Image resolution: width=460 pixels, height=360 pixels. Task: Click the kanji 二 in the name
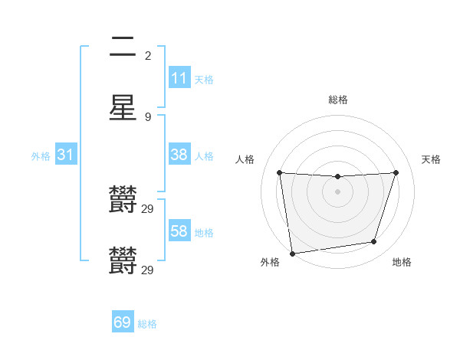pyautogui.click(x=123, y=47)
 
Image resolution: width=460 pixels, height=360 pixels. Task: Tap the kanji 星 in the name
pyautogui.click(x=123, y=107)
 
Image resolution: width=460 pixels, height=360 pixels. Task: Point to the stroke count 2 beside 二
pyautogui.click(x=148, y=55)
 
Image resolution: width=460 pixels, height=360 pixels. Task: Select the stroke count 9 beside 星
pyautogui.click(x=148, y=116)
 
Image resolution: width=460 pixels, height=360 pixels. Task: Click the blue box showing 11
pyautogui.click(x=179, y=77)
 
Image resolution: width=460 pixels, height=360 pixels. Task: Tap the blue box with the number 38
pyautogui.click(x=179, y=154)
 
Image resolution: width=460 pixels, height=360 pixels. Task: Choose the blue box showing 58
pyautogui.click(x=179, y=231)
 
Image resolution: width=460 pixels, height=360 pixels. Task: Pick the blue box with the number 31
pyautogui.click(x=66, y=155)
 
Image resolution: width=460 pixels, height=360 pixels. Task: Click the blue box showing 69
pyautogui.click(x=123, y=322)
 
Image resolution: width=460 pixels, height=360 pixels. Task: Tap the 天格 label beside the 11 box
pyautogui.click(x=204, y=79)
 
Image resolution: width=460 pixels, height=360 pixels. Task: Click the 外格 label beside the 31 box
pyautogui.click(x=41, y=156)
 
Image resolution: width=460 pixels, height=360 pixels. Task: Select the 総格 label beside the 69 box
pyautogui.click(x=147, y=324)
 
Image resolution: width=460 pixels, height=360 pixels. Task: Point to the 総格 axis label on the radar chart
pyautogui.click(x=338, y=100)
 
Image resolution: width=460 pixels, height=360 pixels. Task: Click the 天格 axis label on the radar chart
pyautogui.click(x=431, y=159)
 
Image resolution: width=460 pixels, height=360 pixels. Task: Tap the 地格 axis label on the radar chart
pyautogui.click(x=402, y=262)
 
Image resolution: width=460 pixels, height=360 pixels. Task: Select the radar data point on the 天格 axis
pyautogui.click(x=396, y=172)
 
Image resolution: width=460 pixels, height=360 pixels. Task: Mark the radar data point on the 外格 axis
pyautogui.click(x=292, y=253)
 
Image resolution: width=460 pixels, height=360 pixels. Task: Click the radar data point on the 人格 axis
pyautogui.click(x=279, y=172)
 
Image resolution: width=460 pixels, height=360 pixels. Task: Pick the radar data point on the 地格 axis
pyautogui.click(x=374, y=242)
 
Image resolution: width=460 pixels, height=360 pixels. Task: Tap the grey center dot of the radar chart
pyautogui.click(x=338, y=191)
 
